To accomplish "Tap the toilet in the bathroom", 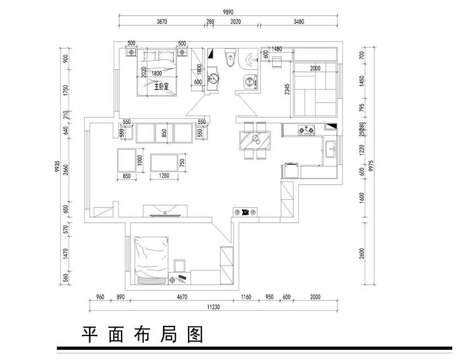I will click(229, 57).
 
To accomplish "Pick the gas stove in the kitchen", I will click(306, 131).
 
